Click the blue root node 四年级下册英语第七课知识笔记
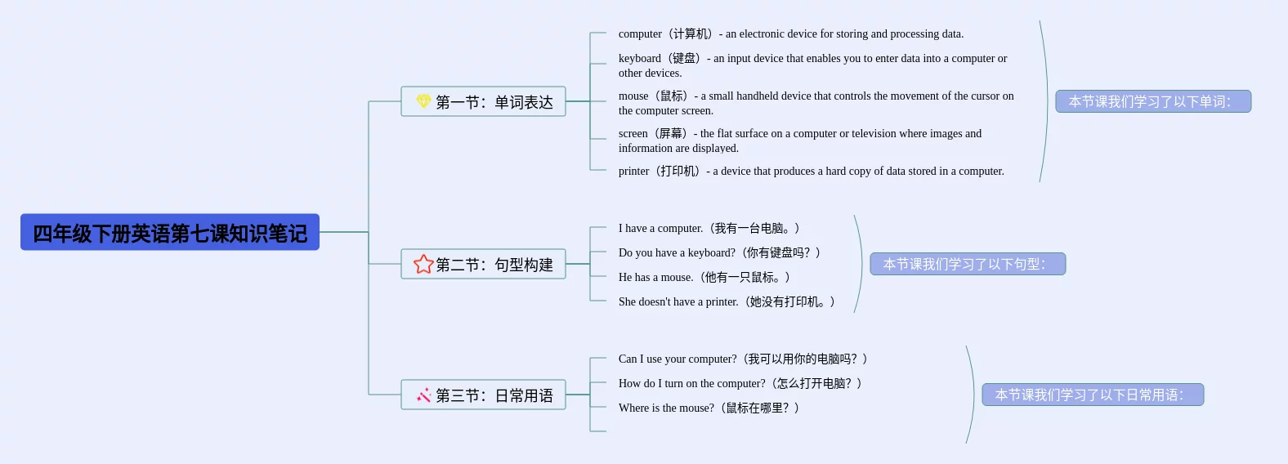click(x=170, y=232)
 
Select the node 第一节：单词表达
click(x=483, y=101)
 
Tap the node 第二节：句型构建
click(x=483, y=264)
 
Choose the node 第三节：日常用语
click(x=483, y=395)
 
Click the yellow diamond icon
click(x=423, y=101)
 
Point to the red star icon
click(x=423, y=264)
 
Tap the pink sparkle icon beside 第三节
click(x=424, y=395)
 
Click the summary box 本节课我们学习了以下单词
click(x=1153, y=101)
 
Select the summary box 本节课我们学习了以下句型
click(x=968, y=264)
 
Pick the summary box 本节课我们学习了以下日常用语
click(x=1093, y=395)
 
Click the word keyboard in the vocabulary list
click(x=639, y=58)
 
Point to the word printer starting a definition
click(x=633, y=172)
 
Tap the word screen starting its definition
click(x=633, y=133)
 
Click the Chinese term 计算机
click(x=690, y=34)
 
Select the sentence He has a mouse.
click(x=655, y=277)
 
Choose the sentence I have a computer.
click(x=660, y=228)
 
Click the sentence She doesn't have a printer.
click(x=678, y=302)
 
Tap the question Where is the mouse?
click(x=666, y=408)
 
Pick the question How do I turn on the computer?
click(x=692, y=383)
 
